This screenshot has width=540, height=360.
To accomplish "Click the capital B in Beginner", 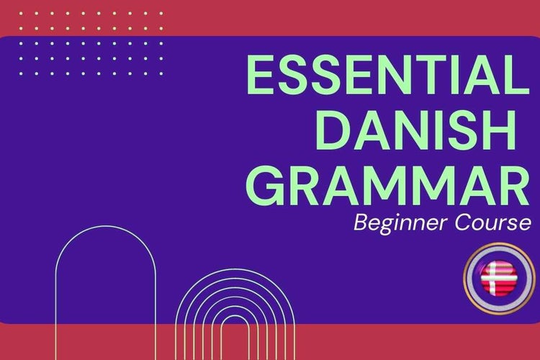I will tap(360, 225).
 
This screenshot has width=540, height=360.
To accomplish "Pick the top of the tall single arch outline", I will tap(105, 228).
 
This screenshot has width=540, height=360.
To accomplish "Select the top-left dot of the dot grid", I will tap(22, 14).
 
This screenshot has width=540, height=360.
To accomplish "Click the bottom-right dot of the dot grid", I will tap(161, 73).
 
